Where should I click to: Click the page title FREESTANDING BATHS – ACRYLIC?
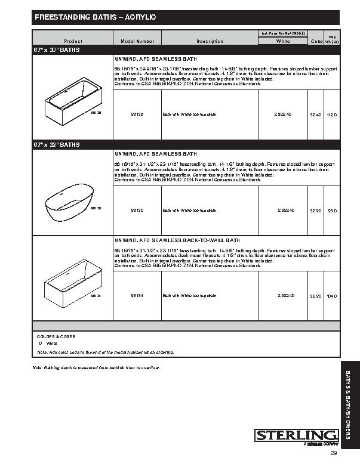tap(96, 18)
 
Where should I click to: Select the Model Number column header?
tap(137, 41)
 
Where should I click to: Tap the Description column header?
tap(210, 41)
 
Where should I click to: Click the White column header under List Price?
tap(283, 41)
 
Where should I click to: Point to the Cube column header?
tap(316, 41)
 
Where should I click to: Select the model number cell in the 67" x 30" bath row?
tap(137, 113)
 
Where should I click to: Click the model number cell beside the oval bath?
tap(137, 210)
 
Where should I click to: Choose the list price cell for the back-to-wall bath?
tap(283, 295)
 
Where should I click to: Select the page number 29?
tap(334, 453)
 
